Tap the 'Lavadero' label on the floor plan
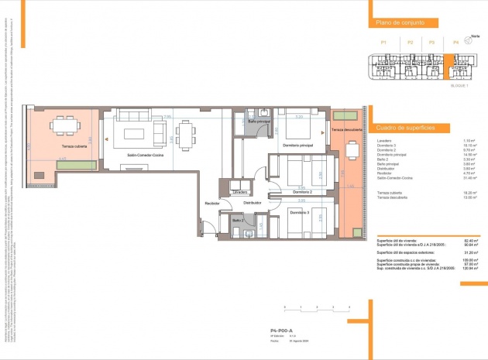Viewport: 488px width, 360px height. point(241,191)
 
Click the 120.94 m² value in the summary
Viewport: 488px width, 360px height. point(469,267)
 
